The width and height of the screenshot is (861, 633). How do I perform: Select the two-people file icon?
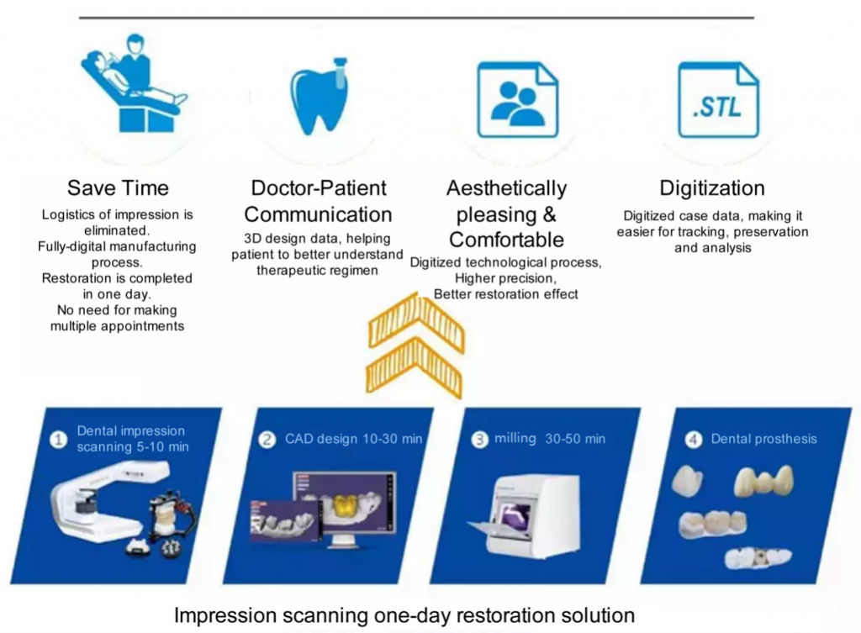point(517,100)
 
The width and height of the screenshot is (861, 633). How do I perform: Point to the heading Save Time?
point(118,187)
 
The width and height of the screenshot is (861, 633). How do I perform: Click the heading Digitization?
point(712,187)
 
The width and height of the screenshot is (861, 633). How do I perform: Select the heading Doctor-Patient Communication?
point(318,201)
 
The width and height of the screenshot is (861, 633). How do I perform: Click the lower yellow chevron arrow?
point(415,368)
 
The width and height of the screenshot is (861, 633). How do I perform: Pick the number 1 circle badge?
point(58,438)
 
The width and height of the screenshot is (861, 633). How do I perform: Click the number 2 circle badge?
point(267,438)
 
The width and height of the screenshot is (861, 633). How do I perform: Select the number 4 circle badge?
point(692,438)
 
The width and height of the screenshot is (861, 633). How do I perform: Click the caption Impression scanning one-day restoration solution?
point(404,615)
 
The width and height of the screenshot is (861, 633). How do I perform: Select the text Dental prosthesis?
point(763,438)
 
